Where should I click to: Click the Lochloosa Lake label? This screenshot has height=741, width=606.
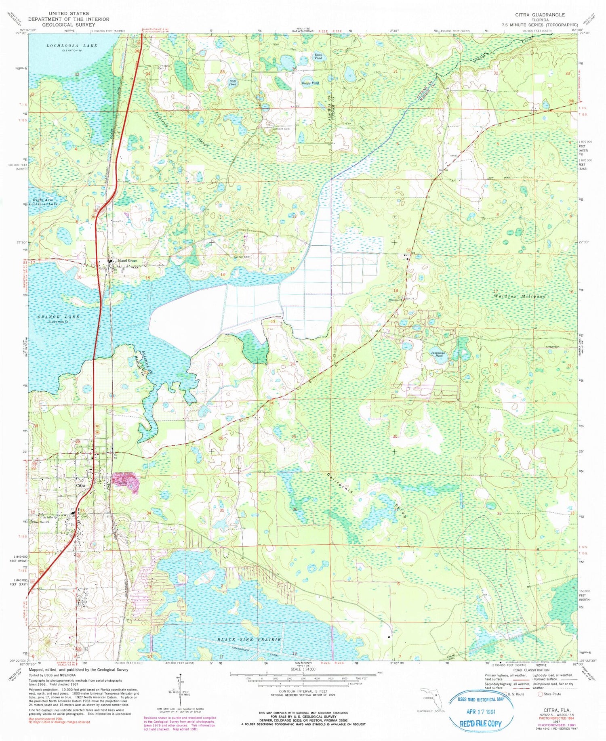tap(72, 46)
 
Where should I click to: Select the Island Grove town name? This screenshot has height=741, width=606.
tap(127, 261)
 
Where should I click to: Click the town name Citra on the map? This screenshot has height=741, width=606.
tap(81, 486)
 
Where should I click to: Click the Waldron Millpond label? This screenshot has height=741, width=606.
tap(520, 296)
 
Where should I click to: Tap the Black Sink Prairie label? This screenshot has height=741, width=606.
tap(249, 640)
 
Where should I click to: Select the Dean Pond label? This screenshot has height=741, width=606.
tap(318, 57)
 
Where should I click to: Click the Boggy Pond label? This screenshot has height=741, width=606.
tap(310, 83)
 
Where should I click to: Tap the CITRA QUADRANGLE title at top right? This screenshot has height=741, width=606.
tap(540, 15)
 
